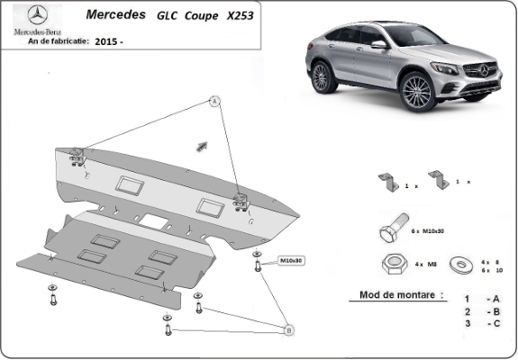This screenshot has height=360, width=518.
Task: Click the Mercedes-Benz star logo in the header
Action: (37, 15)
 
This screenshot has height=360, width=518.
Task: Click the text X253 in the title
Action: (241, 15)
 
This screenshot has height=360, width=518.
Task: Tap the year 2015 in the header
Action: (105, 41)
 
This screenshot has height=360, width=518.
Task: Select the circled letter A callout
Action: (214, 101)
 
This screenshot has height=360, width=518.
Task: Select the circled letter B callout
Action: (289, 330)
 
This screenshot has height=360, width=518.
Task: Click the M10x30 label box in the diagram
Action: (291, 261)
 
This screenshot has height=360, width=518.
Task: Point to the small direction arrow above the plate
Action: (202, 146)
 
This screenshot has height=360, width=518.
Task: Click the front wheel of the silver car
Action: (417, 92)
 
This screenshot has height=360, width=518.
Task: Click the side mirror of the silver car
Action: (378, 44)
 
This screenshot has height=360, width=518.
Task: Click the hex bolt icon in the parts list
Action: (394, 228)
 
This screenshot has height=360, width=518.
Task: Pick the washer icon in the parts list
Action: (461, 265)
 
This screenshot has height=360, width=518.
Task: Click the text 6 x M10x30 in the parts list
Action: (428, 231)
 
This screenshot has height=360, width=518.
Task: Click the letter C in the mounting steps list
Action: (496, 323)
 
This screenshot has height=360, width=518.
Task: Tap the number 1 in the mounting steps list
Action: (467, 299)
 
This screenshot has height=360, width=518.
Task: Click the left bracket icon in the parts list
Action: (389, 182)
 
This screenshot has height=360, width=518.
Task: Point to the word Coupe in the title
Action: (201, 16)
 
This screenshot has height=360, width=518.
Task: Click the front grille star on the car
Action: (484, 70)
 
